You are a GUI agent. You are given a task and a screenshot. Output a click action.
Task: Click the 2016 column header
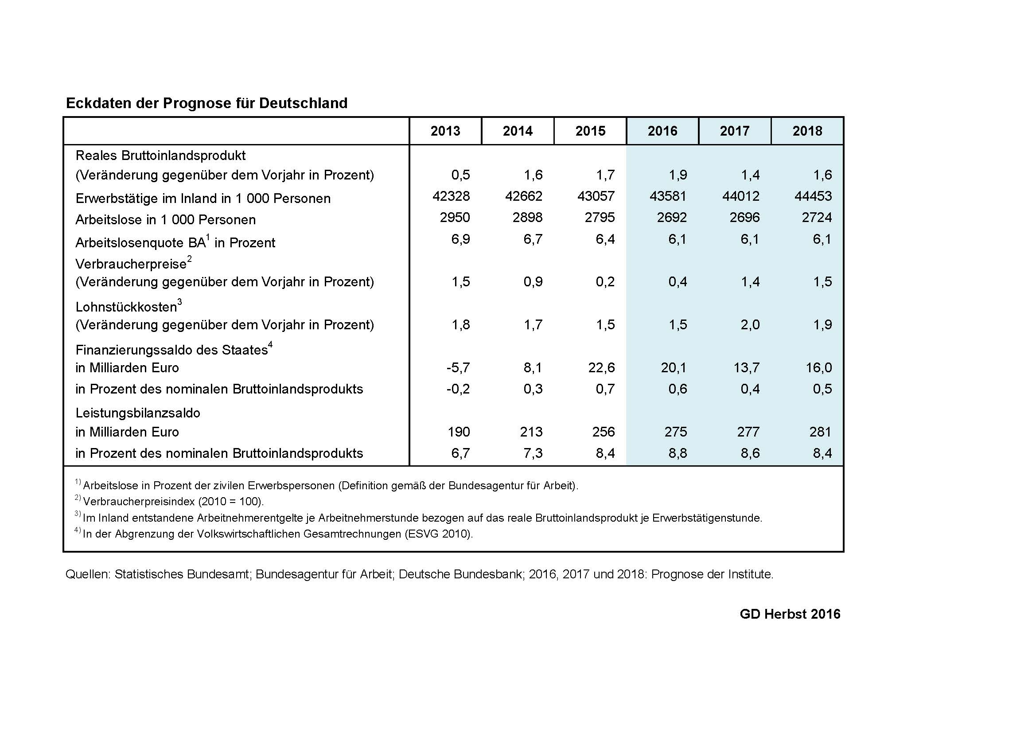[662, 131]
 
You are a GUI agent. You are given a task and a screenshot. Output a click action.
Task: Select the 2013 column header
[445, 131]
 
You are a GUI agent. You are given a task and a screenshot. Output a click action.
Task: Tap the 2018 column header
[807, 131]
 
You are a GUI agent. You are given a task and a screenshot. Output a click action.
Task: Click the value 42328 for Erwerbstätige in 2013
[451, 196]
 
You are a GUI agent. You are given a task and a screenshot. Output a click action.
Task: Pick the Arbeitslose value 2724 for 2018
[817, 217]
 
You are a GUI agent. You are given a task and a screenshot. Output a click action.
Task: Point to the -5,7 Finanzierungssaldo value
[459, 368]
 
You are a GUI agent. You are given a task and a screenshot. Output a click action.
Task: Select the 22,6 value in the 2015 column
[601, 368]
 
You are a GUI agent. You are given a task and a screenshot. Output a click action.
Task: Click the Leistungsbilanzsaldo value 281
[820, 432]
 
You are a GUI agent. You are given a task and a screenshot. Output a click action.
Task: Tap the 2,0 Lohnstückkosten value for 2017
[750, 324]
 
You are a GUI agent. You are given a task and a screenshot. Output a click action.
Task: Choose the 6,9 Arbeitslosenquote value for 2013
[461, 239]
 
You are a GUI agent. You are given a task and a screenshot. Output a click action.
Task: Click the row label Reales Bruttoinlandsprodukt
[161, 156]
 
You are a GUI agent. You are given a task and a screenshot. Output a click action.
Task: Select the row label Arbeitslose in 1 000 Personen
[166, 220]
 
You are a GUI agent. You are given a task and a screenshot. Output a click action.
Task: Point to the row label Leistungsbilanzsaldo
[138, 413]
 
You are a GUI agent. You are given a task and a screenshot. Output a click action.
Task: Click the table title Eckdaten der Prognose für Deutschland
[206, 103]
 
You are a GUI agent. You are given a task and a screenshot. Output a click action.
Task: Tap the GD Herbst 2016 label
[790, 614]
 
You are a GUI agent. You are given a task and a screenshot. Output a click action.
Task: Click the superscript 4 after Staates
[270, 345]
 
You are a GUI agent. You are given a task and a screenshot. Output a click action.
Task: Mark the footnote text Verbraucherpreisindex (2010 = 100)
[174, 502]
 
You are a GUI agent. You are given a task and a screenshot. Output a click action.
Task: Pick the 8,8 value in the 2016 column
[678, 453]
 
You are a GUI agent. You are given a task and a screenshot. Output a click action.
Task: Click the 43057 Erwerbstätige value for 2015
[596, 196]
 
